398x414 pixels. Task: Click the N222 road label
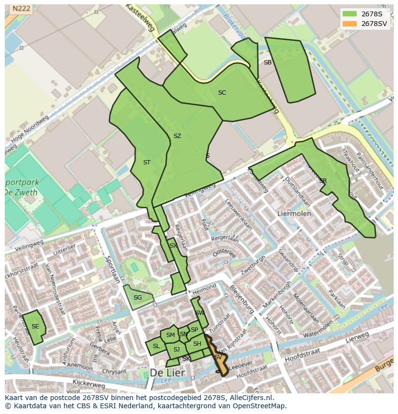pyautogui.click(x=21, y=8)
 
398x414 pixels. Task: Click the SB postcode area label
pyautogui.click(x=268, y=63)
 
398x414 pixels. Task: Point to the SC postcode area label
pyautogui.click(x=222, y=93)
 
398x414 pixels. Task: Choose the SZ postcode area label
pyautogui.click(x=177, y=136)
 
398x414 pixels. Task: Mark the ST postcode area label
pyautogui.click(x=147, y=163)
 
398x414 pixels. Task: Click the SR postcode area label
pyautogui.click(x=323, y=181)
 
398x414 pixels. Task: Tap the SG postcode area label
pyautogui.click(x=137, y=298)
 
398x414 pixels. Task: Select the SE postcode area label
pyautogui.click(x=35, y=326)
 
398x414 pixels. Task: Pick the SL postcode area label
pyautogui.click(x=156, y=346)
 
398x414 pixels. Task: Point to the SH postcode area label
pyautogui.click(x=197, y=344)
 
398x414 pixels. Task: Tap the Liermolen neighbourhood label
pyautogui.click(x=294, y=213)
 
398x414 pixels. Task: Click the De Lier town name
pyautogui.click(x=167, y=373)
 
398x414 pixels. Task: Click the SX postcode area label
pyautogui.click(x=174, y=246)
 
